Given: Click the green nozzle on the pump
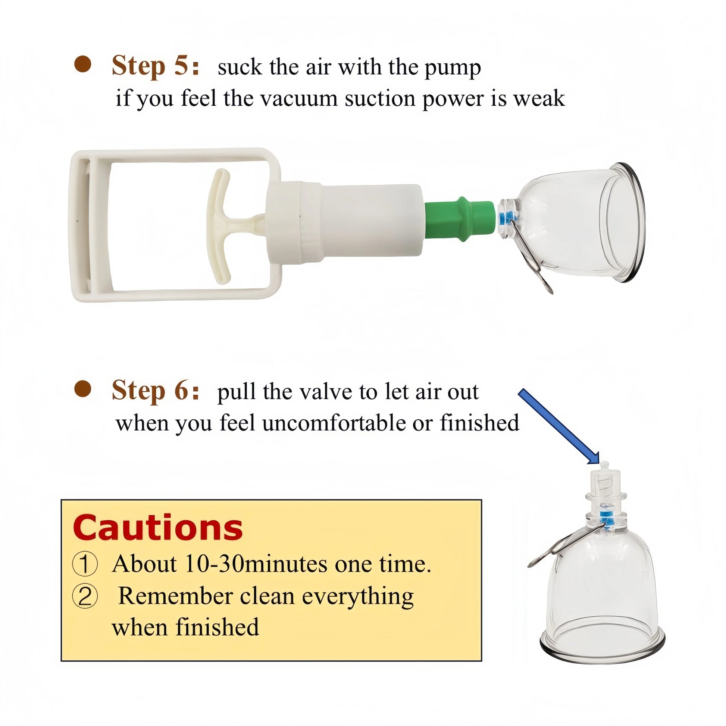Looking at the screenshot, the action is tap(460, 219).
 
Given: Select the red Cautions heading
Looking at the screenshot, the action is tap(158, 528).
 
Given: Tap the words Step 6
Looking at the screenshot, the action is tap(155, 391).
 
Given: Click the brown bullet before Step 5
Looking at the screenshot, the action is tap(83, 64).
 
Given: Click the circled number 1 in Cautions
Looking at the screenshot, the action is tap(85, 565).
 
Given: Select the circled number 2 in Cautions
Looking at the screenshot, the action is tap(85, 597).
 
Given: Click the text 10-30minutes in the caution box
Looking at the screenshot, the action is tap(257, 564).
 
